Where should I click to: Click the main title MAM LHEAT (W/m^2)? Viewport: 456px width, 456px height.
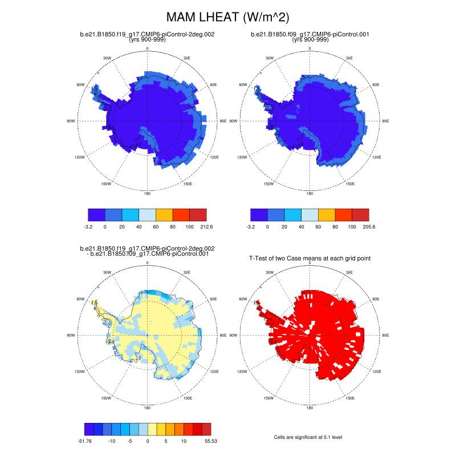(227, 18)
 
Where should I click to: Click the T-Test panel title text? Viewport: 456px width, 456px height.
(310, 258)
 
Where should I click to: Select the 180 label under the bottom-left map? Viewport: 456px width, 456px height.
(148, 408)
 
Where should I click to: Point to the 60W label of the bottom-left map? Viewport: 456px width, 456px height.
(81, 299)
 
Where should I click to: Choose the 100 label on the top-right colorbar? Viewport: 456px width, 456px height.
(352, 226)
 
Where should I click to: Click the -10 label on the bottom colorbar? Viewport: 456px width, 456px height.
(112, 441)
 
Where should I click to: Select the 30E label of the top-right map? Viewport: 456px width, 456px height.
(349, 58)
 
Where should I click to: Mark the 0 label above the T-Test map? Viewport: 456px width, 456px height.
(310, 263)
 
